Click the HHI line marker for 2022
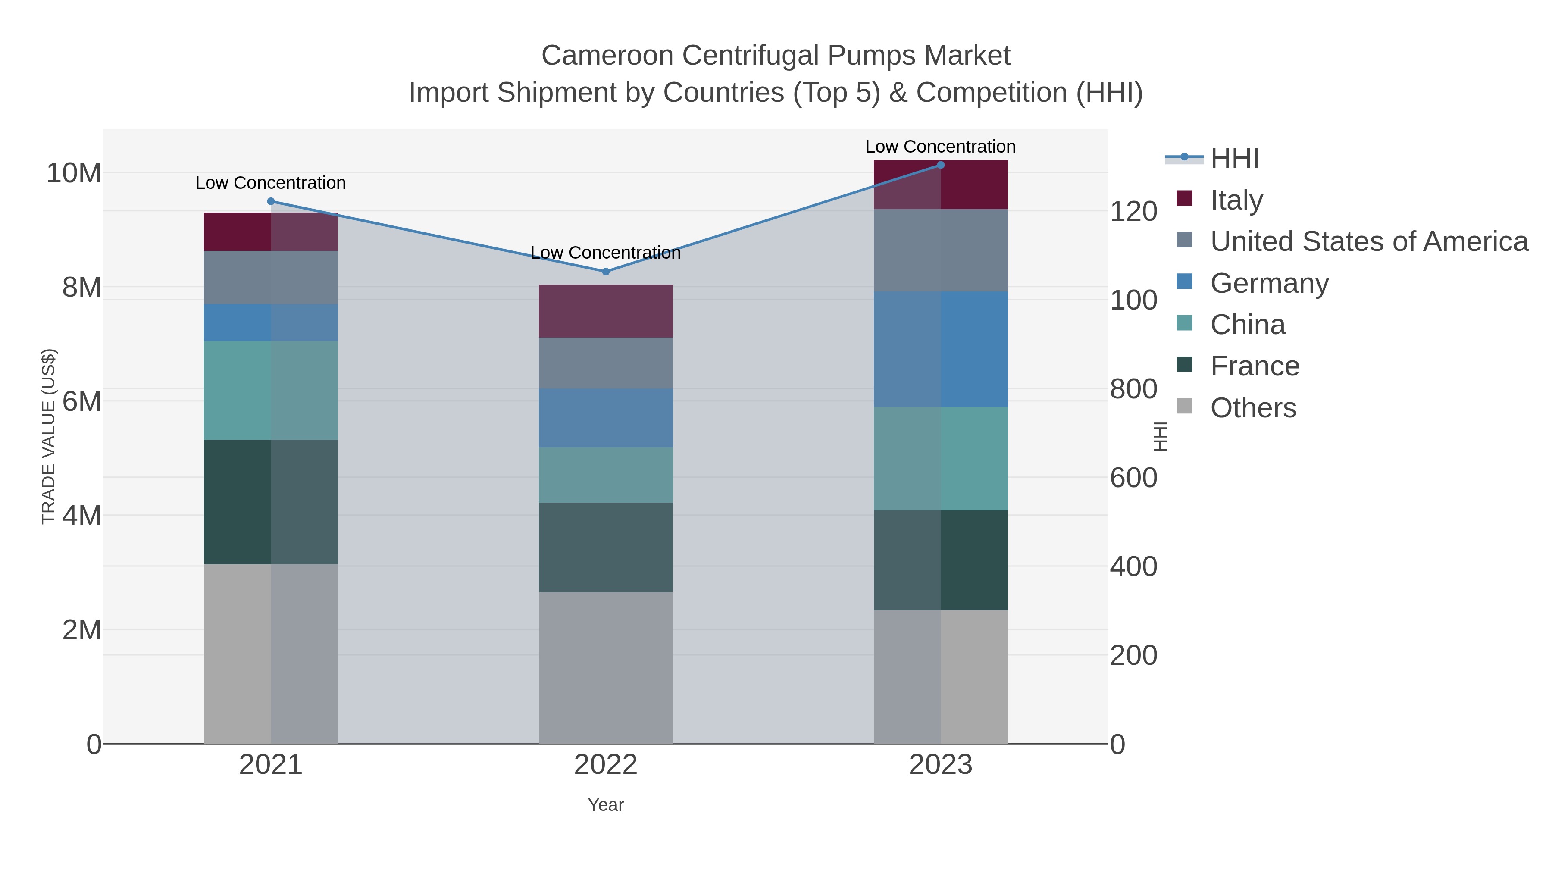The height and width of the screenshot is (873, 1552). tap(606, 272)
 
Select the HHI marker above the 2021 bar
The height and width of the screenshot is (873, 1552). tap(270, 201)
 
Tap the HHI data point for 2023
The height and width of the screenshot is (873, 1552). tap(941, 165)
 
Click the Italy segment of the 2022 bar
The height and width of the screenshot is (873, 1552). tap(606, 311)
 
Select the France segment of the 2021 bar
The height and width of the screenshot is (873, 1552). tap(270, 502)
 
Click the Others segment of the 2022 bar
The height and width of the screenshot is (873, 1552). tap(606, 667)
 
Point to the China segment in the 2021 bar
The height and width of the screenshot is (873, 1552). tap(270, 391)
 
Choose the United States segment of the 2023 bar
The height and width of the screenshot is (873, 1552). tap(941, 250)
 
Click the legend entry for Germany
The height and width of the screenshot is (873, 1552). tap(1269, 283)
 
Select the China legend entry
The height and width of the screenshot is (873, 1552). tap(1247, 325)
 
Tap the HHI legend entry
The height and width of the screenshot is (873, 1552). tap(1234, 159)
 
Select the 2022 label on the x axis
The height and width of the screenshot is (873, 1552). tap(606, 765)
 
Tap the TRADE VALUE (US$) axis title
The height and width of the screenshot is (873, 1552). tap(49, 436)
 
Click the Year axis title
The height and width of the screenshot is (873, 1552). tap(606, 805)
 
